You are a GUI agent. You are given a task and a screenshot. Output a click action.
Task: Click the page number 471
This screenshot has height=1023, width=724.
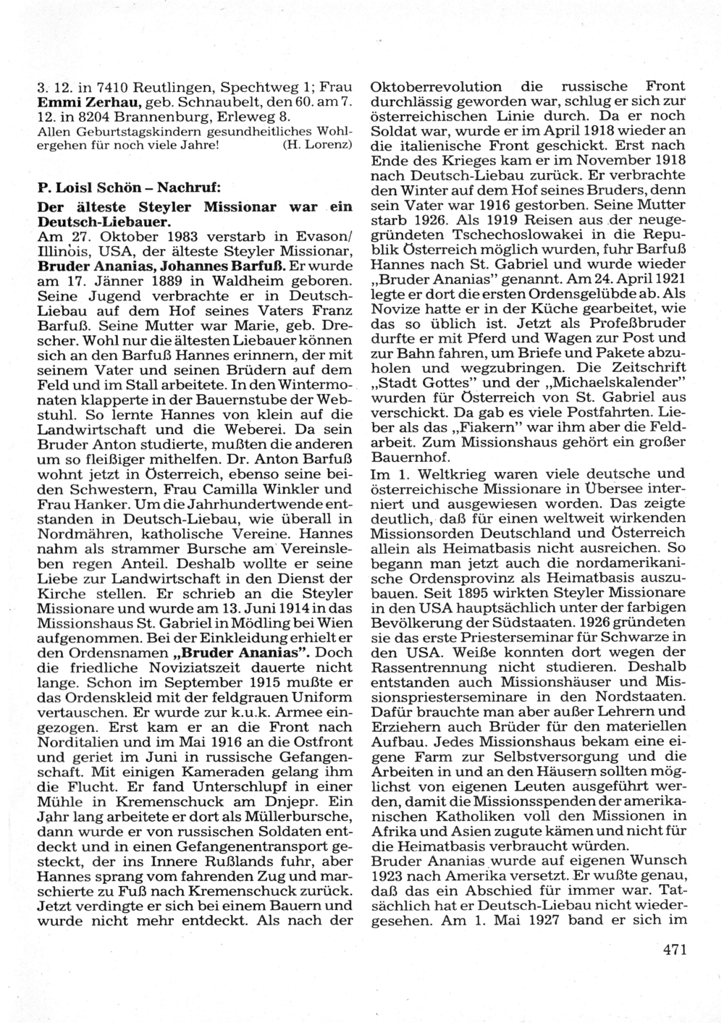(x=673, y=950)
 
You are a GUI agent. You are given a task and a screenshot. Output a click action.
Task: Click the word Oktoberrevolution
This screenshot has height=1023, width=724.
(x=436, y=87)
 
